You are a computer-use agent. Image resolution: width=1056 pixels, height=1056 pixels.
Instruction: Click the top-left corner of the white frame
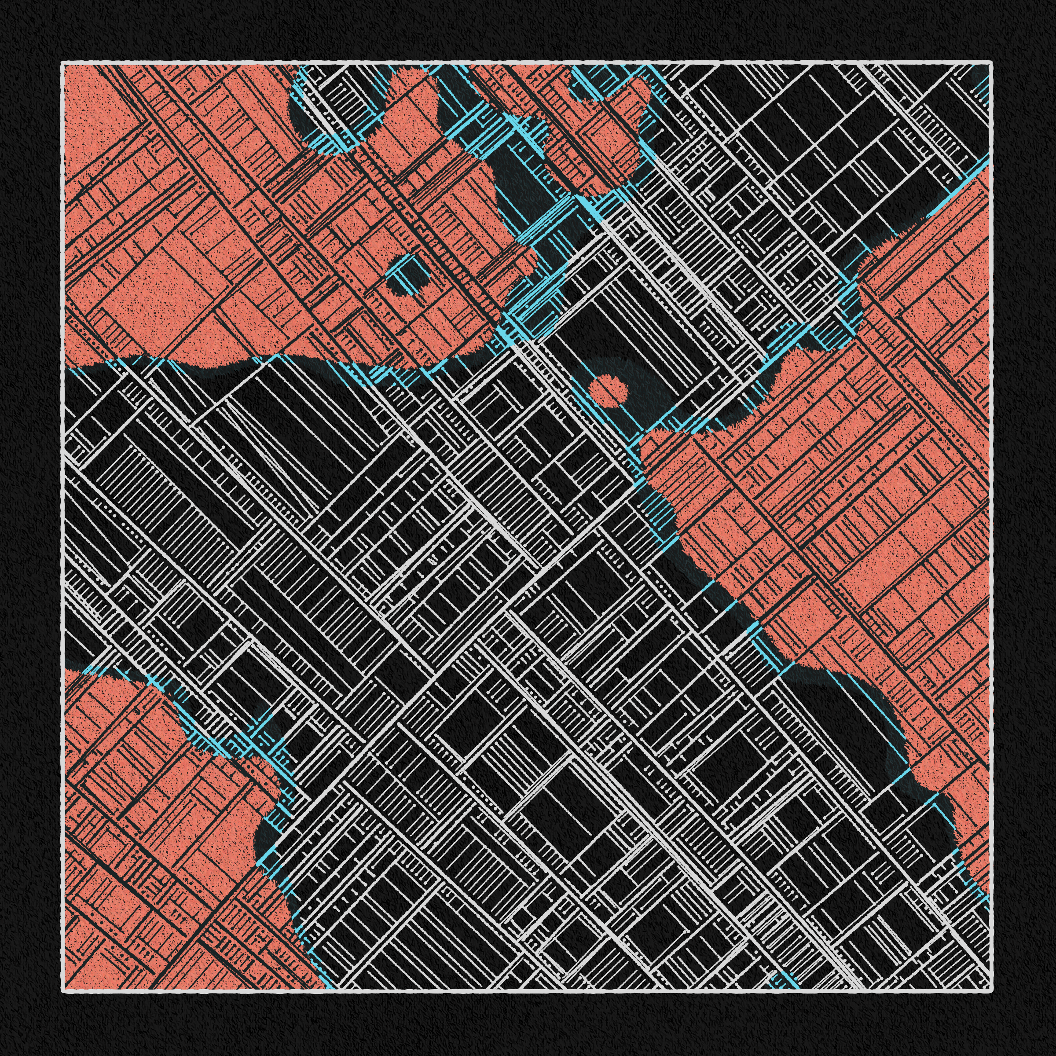(63, 63)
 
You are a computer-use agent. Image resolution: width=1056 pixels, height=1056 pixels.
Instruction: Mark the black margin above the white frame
(525, 30)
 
